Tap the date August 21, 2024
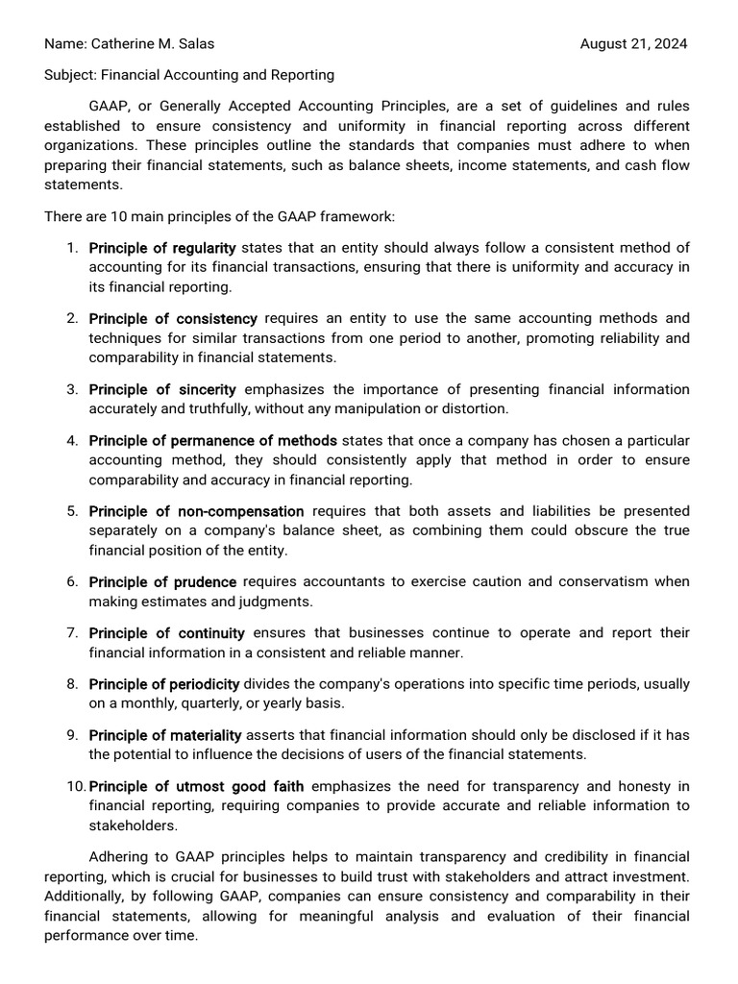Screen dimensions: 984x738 pos(634,43)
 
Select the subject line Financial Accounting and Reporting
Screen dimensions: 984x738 pos(217,74)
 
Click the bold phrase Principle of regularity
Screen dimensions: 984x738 pos(162,248)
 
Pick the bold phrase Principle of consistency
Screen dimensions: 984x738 pos(173,318)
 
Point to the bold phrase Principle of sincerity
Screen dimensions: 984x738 pos(162,389)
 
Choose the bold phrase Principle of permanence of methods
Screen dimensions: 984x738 pos(212,440)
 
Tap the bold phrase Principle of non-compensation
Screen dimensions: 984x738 pos(196,511)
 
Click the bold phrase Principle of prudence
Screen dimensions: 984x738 pos(162,581)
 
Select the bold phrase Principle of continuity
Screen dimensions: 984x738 pos(166,633)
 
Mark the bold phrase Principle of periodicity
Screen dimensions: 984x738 pos(163,684)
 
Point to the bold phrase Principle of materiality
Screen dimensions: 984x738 pos(164,735)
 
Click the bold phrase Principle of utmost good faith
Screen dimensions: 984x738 pos(196,786)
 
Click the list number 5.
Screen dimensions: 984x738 pos(72,511)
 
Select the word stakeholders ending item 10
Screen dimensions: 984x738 pos(133,824)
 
